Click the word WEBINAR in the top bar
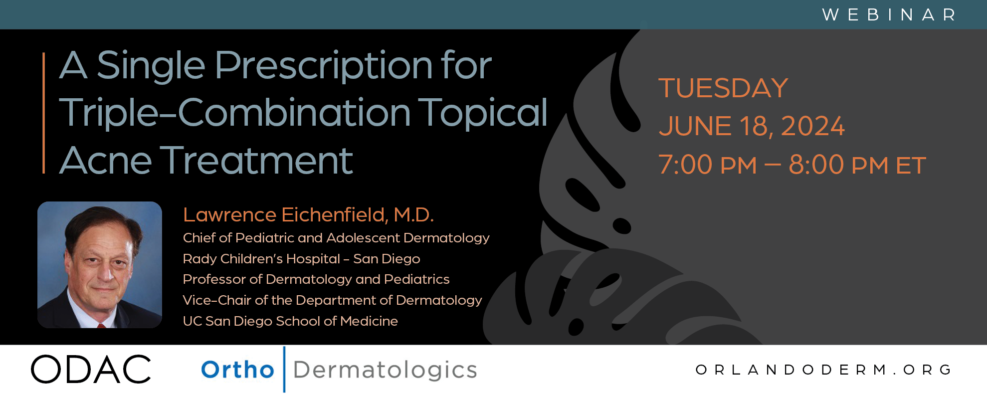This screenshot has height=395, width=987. coord(889,15)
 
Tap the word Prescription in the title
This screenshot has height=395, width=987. coord(324,66)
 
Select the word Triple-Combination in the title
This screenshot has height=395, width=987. coord(235,112)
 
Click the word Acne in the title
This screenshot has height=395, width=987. coord(105,161)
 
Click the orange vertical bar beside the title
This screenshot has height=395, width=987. coord(44,113)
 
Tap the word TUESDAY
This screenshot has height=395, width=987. coord(723,88)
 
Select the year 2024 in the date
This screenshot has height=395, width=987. coord(812,126)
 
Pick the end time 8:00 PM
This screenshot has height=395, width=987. coord(838,165)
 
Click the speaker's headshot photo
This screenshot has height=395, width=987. coord(100,264)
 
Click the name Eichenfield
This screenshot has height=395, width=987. coord(335,215)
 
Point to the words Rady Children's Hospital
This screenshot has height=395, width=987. coord(261,259)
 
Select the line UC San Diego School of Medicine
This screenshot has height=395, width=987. coord(290,321)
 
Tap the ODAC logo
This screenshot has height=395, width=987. coord(91,370)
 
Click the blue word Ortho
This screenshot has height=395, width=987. coord(237,370)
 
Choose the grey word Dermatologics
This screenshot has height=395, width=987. coord(385,370)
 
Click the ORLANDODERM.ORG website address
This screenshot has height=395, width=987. coord(823,370)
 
